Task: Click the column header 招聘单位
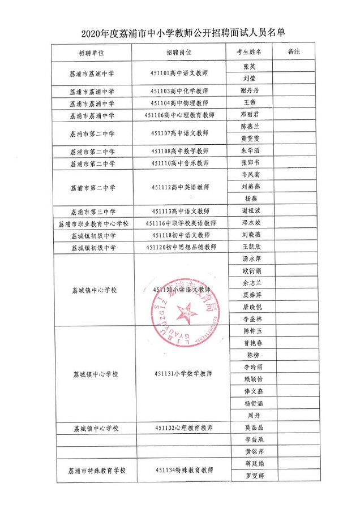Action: pos(92,53)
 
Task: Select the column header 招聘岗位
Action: pos(179,53)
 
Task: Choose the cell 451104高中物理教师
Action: pos(179,103)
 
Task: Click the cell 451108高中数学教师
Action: pos(179,152)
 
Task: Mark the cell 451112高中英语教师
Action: pos(181,187)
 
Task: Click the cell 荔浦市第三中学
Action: pos(92,212)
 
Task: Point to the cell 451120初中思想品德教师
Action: pos(181,247)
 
